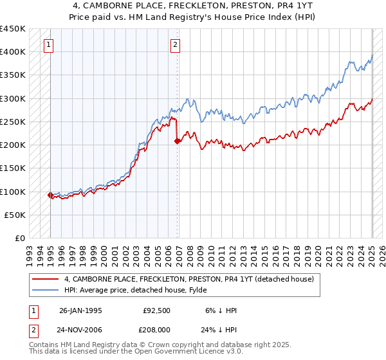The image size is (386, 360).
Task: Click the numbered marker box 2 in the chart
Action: [176, 45]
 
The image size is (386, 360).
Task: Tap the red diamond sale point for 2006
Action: [177, 141]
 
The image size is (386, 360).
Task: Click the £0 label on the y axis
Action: [20, 239]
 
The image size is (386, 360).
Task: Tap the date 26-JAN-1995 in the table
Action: [80, 310]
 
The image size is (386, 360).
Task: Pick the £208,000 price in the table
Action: [158, 328]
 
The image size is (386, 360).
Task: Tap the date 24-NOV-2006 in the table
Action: [80, 328]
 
